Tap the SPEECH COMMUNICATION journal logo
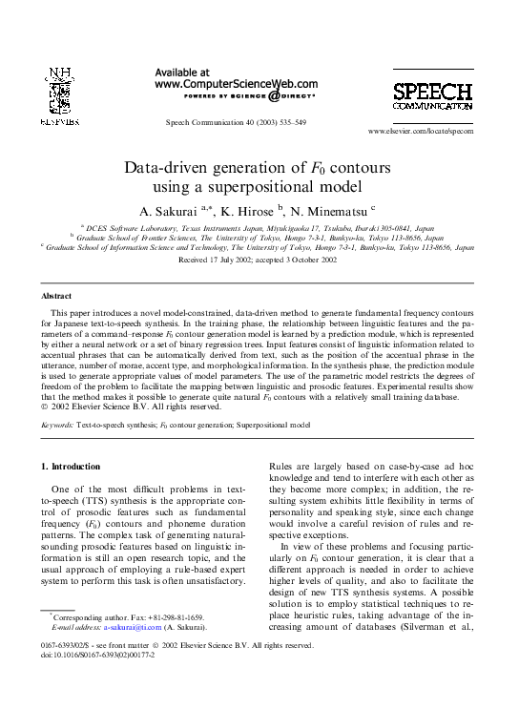pos(432,97)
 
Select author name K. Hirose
pos(248,210)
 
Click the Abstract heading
pos(58,297)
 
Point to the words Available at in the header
pos(181,72)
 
